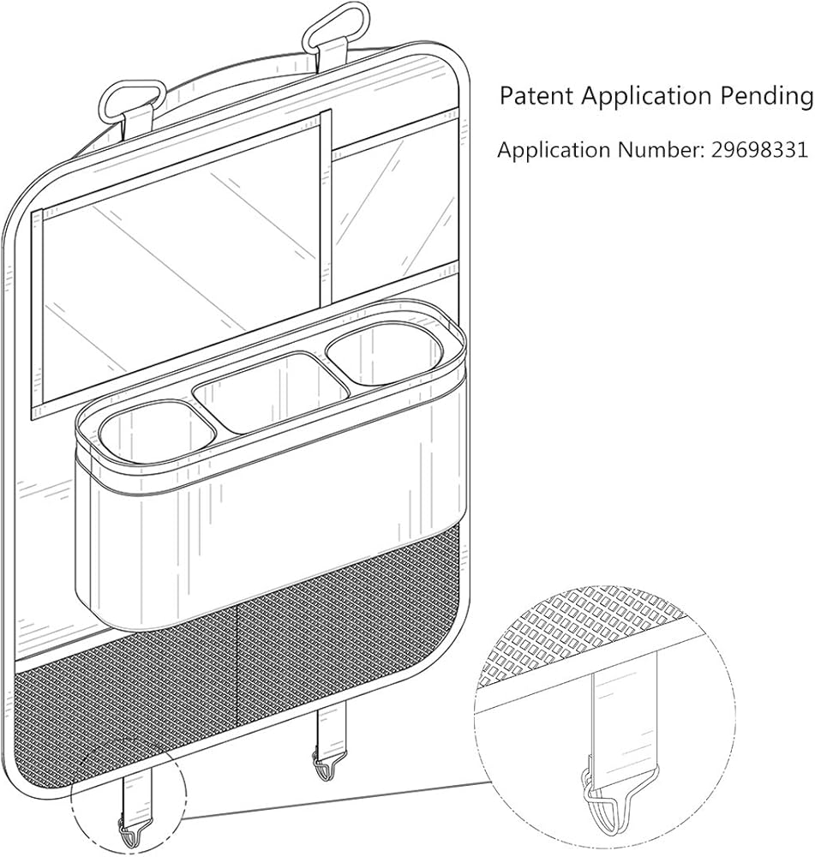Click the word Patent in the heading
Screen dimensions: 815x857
[537, 97]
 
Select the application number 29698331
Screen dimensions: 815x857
[758, 150]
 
